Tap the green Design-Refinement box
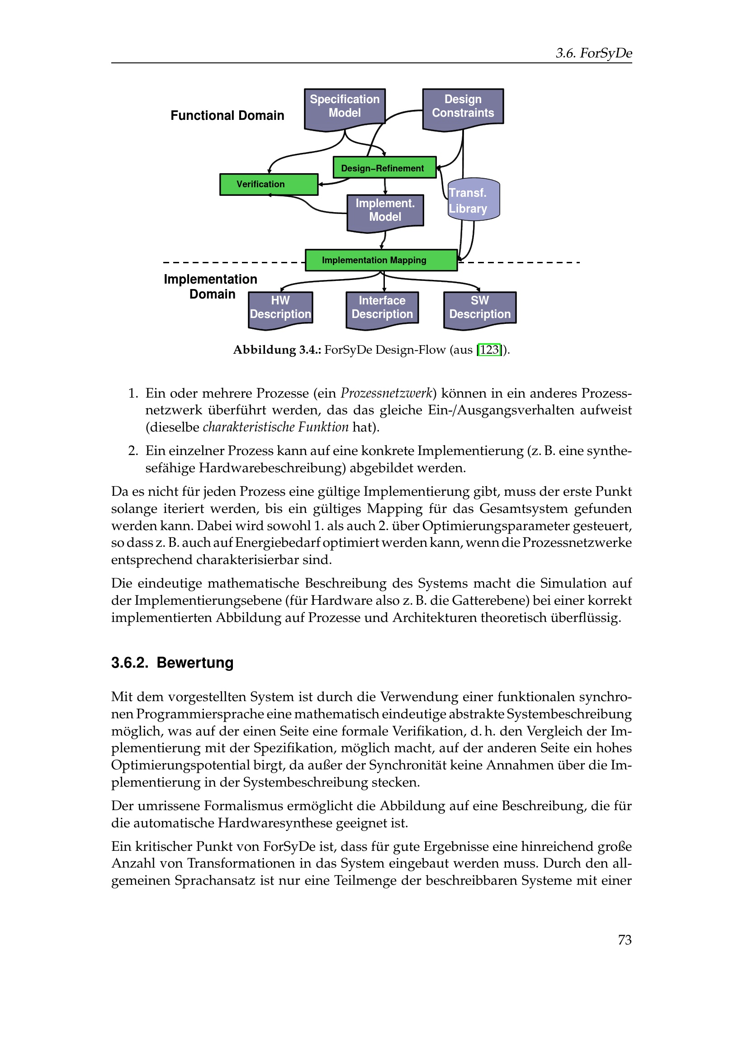pos(384,168)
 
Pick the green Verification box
pos(269,184)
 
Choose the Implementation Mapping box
pos(381,261)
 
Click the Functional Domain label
pos(227,116)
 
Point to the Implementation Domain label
pos(211,287)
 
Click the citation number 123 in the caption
pos(489,350)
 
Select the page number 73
pos(625,940)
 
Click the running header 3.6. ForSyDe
pos(593,53)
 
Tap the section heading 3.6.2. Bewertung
pos(172,663)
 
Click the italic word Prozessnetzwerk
pos(386,393)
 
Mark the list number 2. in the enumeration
pos(133,451)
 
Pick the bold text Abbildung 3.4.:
pos(264,350)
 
